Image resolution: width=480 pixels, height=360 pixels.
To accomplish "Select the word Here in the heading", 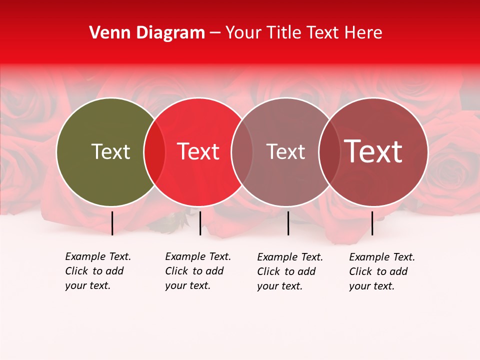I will coord(363,33).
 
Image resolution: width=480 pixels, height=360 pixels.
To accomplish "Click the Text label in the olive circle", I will coord(110,151).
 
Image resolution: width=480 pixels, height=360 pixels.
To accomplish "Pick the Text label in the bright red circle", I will coord(198,151).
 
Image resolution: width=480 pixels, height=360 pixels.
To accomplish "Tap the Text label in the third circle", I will coord(285,151).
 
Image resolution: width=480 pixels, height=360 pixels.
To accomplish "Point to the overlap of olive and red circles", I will coord(154,151).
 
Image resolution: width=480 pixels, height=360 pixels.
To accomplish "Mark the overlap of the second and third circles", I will coord(242,151).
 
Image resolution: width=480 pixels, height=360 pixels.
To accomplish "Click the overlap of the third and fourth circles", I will coord(329,151).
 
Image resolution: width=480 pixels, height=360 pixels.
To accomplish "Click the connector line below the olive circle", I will coord(112,223).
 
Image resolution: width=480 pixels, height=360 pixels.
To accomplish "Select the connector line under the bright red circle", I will coord(200,223).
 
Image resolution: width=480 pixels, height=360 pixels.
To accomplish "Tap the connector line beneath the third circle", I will coord(288,223).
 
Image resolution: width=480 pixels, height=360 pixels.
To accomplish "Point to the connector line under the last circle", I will coord(372,223).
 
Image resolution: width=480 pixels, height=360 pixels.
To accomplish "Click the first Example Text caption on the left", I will coord(98,256).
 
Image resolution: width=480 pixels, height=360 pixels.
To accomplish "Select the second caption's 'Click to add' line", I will coord(194,271).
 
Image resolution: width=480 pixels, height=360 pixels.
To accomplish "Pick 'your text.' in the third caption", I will coord(280,286).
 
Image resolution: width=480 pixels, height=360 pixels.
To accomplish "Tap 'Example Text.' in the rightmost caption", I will coord(382,257).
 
